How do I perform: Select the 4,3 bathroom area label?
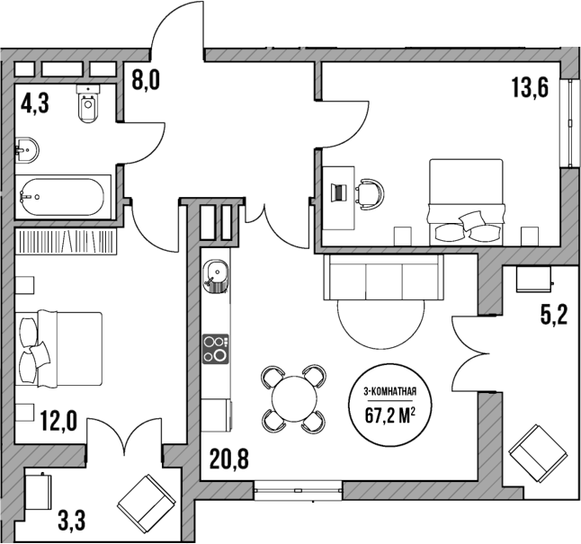click(35, 103)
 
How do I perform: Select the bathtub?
click(63, 194)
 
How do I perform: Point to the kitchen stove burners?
click(216, 348)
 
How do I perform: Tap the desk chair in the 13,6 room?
click(369, 192)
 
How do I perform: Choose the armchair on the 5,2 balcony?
click(538, 456)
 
